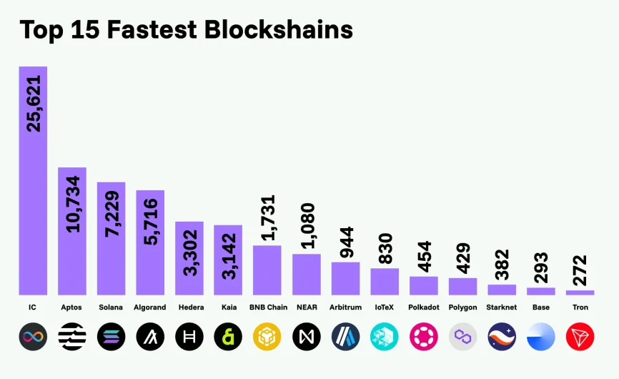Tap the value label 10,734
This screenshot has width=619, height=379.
[x=72, y=204]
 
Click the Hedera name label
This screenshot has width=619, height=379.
[x=189, y=307]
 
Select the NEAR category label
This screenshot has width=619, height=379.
[x=306, y=307]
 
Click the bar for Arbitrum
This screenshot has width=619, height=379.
[x=345, y=278]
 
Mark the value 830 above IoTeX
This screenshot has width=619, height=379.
[x=384, y=248]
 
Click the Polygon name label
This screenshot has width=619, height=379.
[x=462, y=307]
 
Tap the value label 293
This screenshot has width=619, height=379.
[x=540, y=267]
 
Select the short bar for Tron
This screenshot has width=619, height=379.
[x=580, y=292]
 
